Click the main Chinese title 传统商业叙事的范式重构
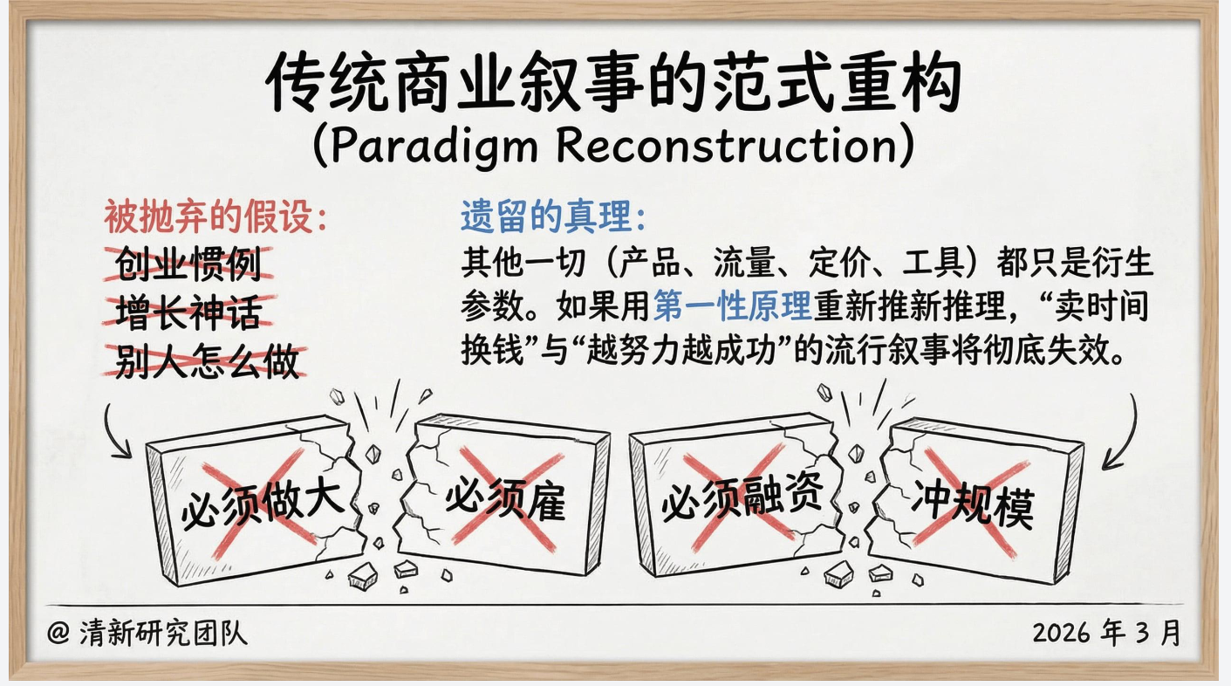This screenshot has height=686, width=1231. click(613, 83)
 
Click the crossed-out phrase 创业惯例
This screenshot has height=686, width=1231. click(188, 264)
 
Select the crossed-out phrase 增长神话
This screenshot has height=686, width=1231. click(188, 312)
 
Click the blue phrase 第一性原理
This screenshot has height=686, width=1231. click(732, 306)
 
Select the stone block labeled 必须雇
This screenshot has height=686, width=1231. click(506, 495)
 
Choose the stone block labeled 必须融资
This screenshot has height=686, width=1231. click(737, 495)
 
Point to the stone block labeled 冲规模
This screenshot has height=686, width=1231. click(976, 500)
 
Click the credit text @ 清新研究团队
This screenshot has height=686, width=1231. click(147, 634)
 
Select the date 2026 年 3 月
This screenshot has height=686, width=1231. click(1107, 633)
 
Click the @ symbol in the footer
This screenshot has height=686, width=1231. click(58, 634)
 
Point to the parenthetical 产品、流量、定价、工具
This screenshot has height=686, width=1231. click(792, 263)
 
